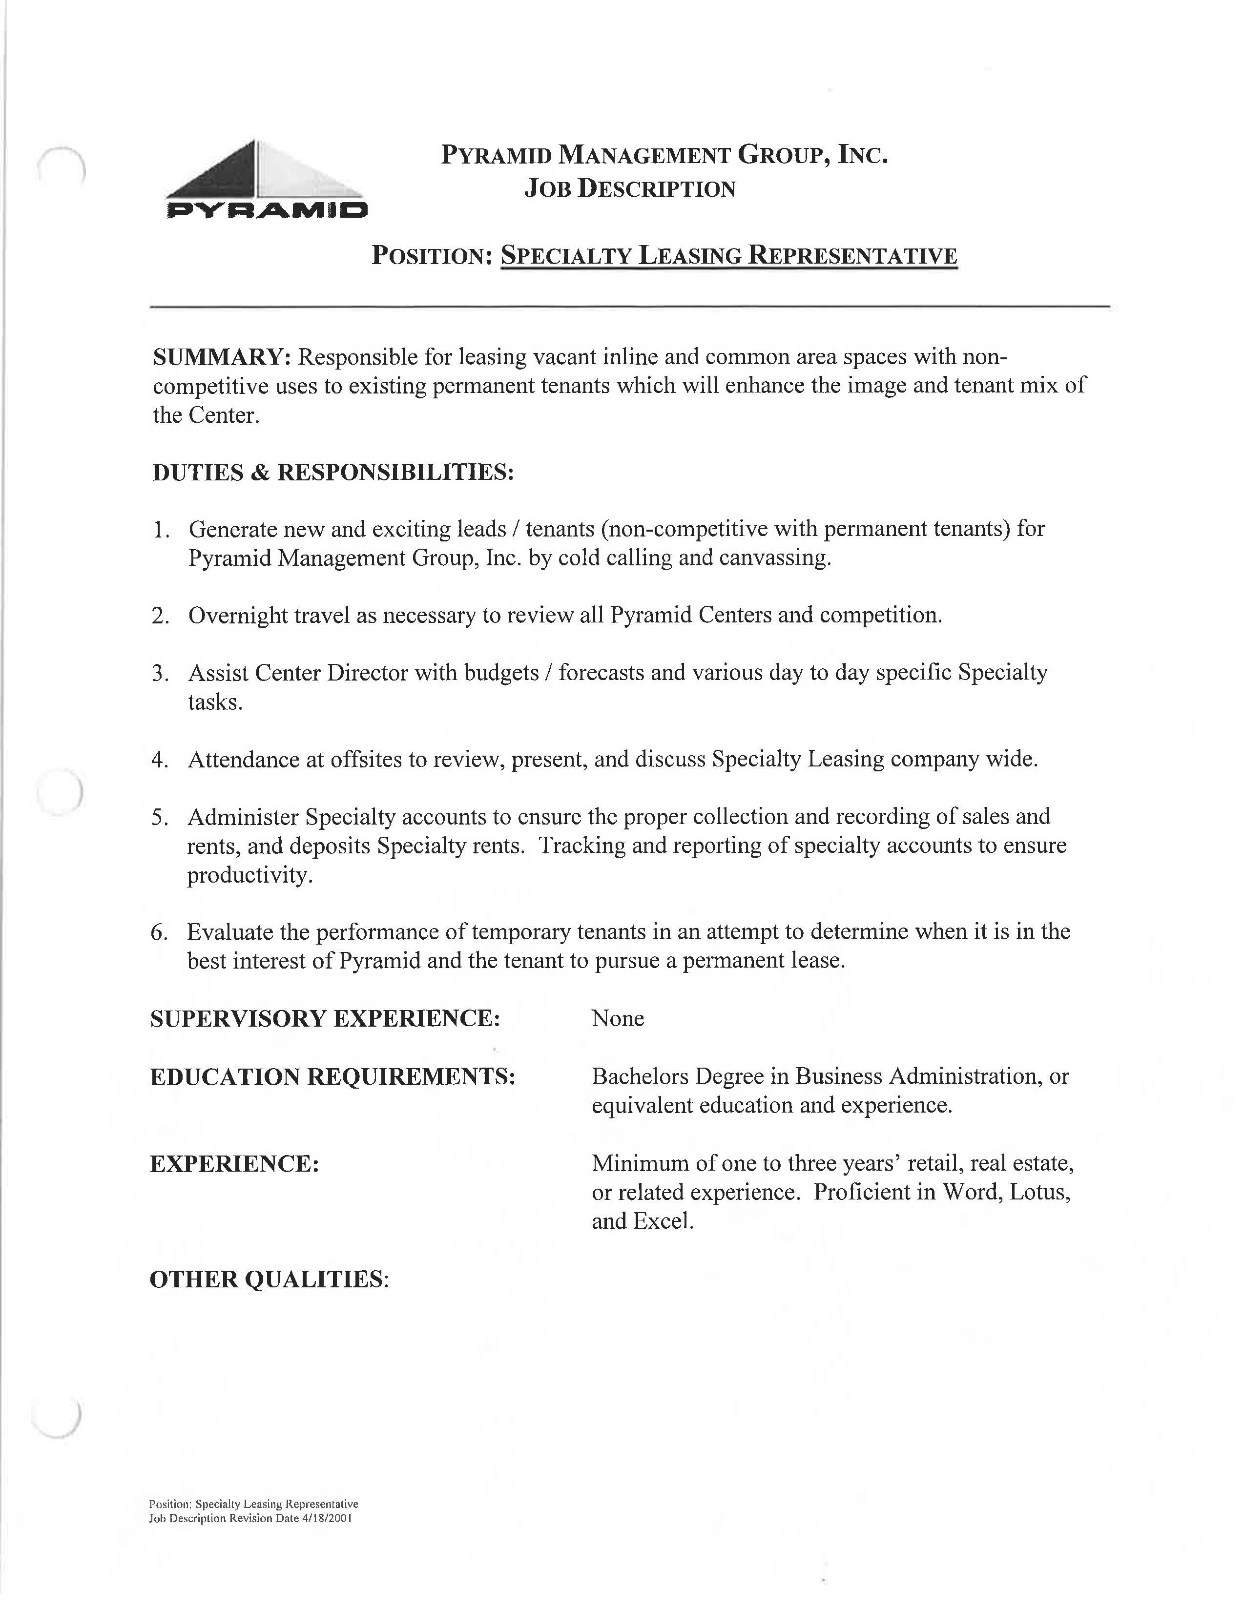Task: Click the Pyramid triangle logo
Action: [266, 179]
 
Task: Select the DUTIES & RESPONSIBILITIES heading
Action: [332, 472]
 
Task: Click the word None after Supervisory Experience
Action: [617, 1019]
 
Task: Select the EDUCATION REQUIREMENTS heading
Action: [332, 1077]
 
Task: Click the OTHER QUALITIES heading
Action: [269, 1279]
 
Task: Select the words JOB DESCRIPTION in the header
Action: [629, 189]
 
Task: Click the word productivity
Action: [249, 876]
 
